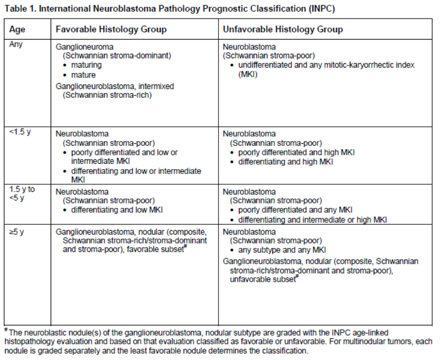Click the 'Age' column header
pyautogui.click(x=17, y=30)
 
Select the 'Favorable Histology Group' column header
pyautogui.click(x=111, y=30)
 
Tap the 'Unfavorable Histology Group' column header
pyautogui.click(x=283, y=30)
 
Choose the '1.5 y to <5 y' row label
pyautogui.click(x=22, y=193)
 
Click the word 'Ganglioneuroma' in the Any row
pyautogui.click(x=82, y=47)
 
